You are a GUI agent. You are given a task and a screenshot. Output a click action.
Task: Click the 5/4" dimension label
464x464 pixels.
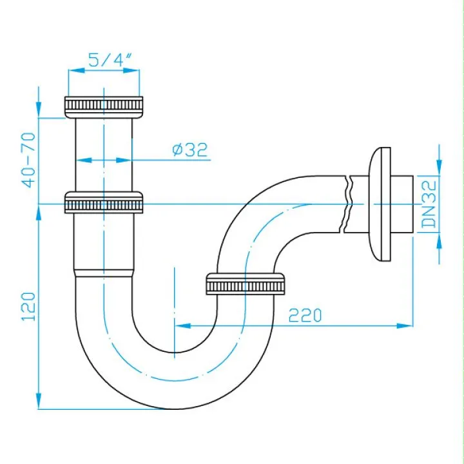point(110,60)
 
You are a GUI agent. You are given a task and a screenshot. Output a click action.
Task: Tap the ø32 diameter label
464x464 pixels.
point(189,150)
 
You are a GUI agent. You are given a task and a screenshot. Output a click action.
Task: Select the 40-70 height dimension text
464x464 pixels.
point(28,160)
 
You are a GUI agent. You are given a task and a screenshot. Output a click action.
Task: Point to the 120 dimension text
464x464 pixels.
point(28,306)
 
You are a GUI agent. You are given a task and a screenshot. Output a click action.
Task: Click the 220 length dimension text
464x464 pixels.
point(305,315)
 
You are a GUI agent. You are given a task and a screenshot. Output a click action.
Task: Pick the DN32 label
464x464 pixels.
point(429,204)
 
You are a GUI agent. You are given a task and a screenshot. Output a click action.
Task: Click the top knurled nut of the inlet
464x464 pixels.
point(104,107)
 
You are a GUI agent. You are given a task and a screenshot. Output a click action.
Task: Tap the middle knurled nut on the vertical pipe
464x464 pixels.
point(104,202)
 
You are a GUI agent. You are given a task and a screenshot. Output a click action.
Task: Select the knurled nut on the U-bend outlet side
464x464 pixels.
point(246,284)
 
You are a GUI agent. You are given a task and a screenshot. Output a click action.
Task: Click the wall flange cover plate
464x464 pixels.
point(380,204)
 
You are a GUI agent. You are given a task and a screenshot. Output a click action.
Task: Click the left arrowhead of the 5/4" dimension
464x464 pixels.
point(76,70)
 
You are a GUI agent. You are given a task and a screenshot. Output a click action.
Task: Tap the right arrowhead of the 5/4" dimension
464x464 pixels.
point(131,70)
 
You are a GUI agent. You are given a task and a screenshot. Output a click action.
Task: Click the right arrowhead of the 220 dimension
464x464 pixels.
point(405,326)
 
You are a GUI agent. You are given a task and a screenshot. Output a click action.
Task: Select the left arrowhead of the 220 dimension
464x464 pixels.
point(183,326)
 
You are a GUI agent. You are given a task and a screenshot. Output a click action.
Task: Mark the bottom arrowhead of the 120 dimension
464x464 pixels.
point(39,401)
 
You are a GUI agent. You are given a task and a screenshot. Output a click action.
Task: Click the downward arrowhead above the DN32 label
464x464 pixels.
point(439,168)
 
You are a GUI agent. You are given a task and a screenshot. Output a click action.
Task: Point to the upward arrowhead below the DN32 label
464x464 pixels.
point(439,241)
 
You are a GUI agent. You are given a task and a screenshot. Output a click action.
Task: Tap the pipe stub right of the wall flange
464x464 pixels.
point(402,204)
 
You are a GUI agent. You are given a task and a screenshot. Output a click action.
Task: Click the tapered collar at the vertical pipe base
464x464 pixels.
point(104,273)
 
